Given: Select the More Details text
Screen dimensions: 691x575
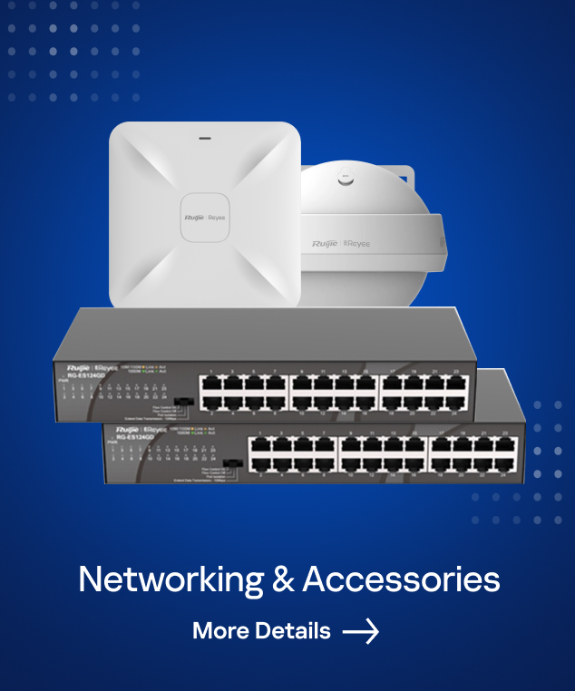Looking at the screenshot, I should coord(261,631).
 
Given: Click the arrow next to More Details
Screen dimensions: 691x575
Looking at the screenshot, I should coord(361,631).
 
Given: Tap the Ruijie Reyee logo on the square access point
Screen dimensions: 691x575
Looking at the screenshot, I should coord(205,219).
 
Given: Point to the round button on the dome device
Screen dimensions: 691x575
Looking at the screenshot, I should coord(345,179).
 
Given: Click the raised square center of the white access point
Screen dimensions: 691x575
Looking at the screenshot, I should coord(205,218).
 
